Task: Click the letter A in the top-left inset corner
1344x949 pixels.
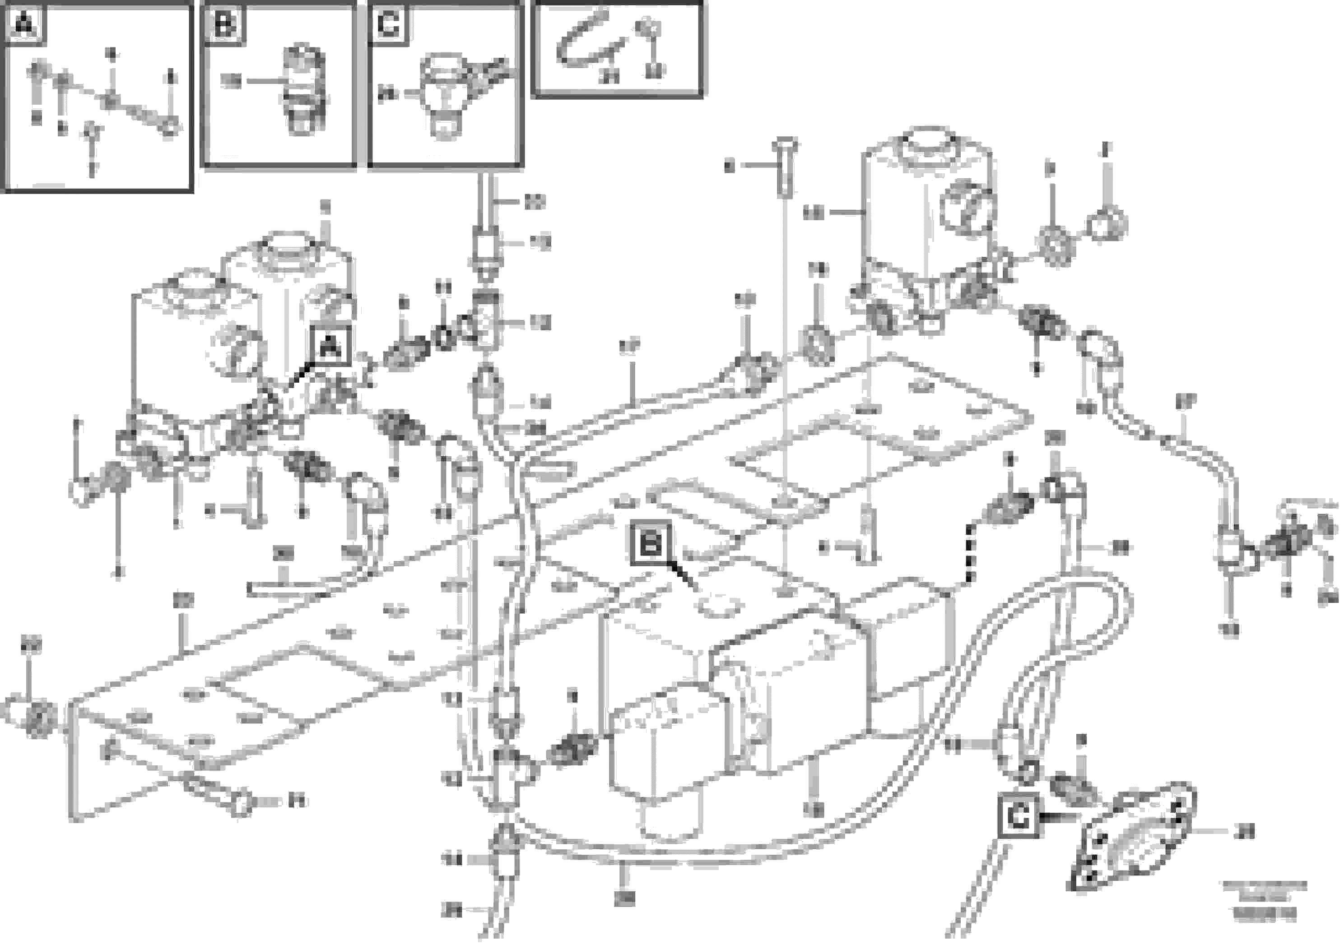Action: pyautogui.click(x=24, y=24)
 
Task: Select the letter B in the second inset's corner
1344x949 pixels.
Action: pyautogui.click(x=225, y=24)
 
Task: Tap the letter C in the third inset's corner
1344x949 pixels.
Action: pyautogui.click(x=388, y=24)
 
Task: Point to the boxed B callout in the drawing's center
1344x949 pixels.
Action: pyautogui.click(x=651, y=543)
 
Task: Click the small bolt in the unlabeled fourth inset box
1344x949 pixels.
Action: pyautogui.click(x=648, y=28)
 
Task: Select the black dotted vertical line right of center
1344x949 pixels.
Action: pyautogui.click(x=969, y=553)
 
